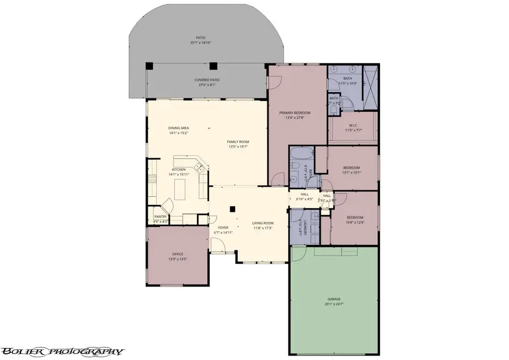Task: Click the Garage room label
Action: click(334, 299)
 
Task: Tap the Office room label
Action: click(177, 254)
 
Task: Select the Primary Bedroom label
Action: click(295, 113)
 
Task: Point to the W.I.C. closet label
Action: click(353, 125)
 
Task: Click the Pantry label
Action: click(160, 216)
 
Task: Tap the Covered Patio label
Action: click(207, 80)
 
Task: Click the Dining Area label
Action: click(178, 128)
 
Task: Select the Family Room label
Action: click(238, 142)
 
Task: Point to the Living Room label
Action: click(262, 223)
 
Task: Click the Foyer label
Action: click(223, 228)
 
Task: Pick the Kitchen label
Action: click(179, 170)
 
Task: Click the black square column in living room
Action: click(232, 209)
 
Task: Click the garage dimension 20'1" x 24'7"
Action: click(334, 304)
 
